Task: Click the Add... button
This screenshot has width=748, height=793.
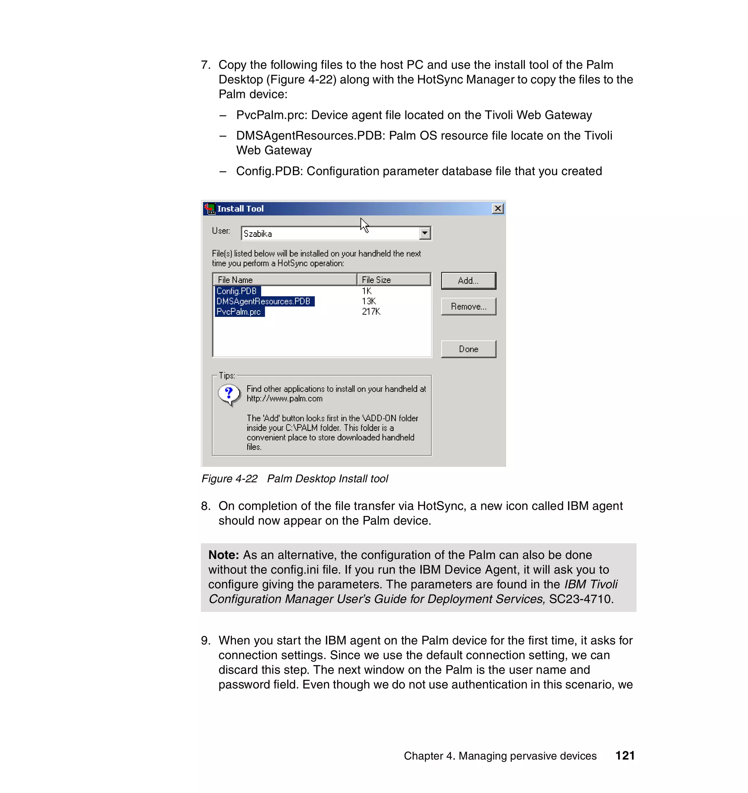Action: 468,280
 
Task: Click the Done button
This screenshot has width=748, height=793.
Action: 468,349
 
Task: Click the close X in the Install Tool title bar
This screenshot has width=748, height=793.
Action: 497,208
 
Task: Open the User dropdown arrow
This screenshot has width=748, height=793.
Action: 425,233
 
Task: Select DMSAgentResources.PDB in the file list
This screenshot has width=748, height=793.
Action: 263,302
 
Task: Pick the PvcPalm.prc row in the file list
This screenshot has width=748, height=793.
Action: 238,312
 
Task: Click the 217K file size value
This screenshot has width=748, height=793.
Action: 371,312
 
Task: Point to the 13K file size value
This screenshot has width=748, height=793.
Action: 369,302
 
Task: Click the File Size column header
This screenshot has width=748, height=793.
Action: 393,280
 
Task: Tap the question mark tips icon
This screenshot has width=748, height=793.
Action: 229,394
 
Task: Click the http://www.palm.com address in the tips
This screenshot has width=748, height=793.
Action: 284,398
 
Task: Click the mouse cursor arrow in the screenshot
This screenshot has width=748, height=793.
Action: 364,225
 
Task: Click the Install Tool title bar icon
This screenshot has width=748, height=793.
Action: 209,208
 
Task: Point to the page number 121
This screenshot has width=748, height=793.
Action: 624,755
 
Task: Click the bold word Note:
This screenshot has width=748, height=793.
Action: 224,555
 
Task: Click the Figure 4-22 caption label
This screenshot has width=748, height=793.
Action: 229,479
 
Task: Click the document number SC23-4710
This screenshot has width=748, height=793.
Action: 579,599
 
